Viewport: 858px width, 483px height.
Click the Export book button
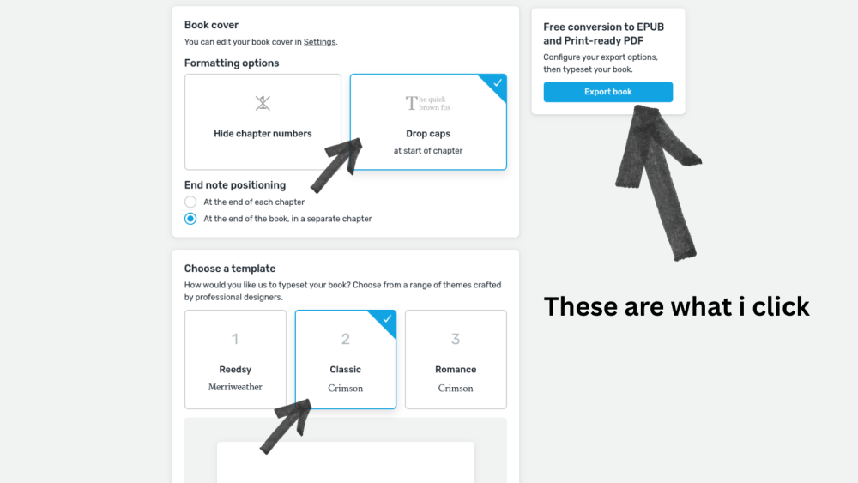click(x=607, y=92)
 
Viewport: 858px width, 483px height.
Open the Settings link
click(x=319, y=41)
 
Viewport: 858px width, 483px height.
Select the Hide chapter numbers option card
click(x=263, y=122)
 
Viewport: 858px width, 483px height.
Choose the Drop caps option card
click(x=428, y=122)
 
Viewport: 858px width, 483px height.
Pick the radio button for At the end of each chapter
click(x=190, y=202)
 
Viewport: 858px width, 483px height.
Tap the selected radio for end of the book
click(x=190, y=219)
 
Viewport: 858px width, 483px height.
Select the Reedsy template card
click(x=235, y=359)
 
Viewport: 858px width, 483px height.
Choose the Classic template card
click(x=345, y=359)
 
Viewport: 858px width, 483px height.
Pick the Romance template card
click(x=456, y=359)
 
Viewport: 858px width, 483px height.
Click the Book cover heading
click(x=211, y=25)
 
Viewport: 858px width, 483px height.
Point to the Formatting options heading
click(x=232, y=63)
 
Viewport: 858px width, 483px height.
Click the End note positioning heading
click(x=235, y=184)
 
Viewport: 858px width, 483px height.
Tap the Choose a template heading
click(x=230, y=269)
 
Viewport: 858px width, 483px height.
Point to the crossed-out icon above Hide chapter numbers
click(x=263, y=103)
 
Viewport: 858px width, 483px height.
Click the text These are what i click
click(x=676, y=306)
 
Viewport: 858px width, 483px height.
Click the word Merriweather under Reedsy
click(x=235, y=387)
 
